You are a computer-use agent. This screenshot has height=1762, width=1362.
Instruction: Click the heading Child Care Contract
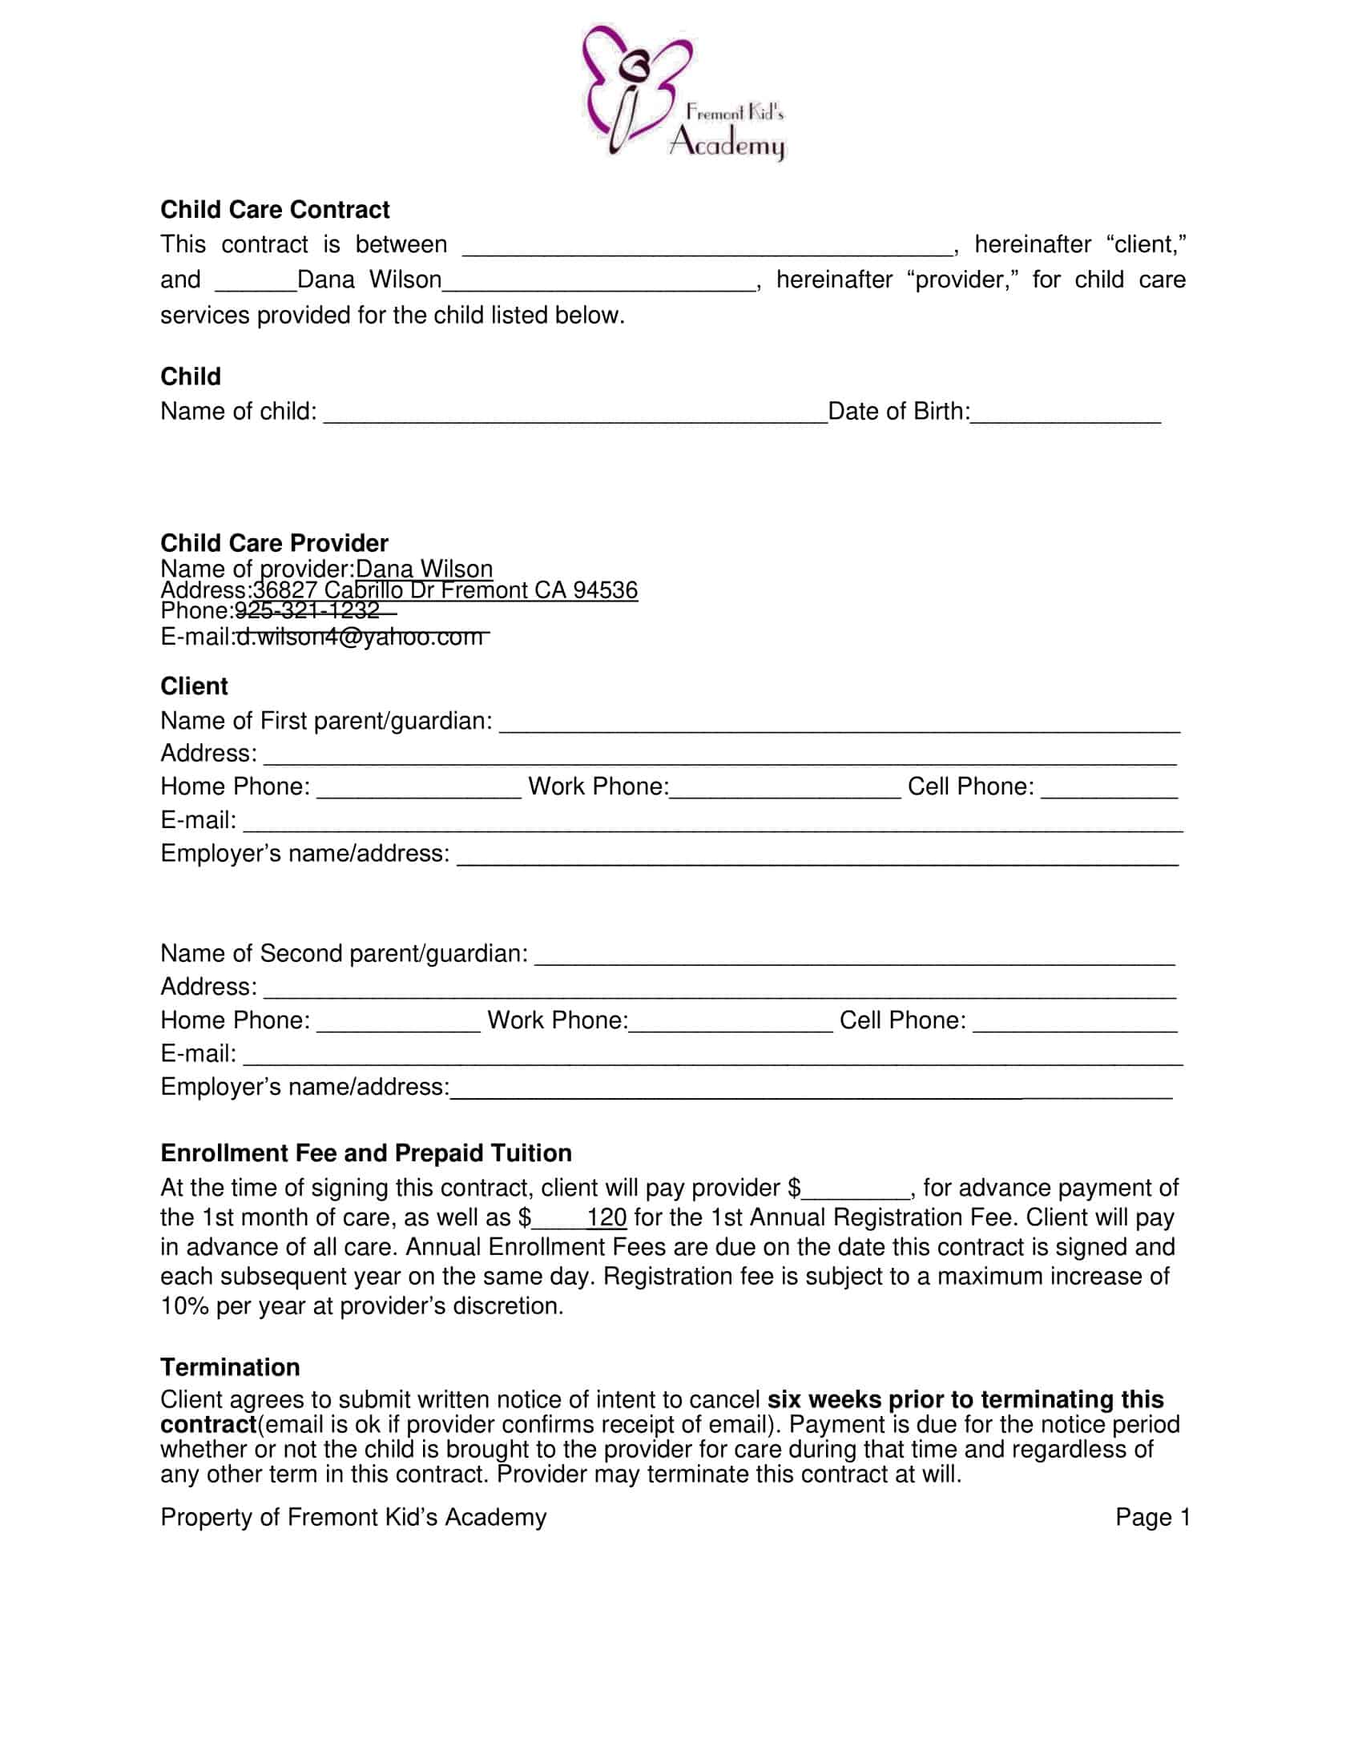tap(274, 210)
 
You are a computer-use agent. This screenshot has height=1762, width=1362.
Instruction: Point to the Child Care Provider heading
tap(274, 543)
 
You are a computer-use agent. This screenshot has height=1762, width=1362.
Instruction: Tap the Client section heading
tap(194, 686)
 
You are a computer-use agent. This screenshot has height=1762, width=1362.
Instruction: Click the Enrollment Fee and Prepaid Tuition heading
tap(365, 1153)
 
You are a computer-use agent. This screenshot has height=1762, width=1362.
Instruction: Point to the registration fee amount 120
tap(606, 1217)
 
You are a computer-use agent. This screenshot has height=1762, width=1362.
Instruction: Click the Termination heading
tap(230, 1367)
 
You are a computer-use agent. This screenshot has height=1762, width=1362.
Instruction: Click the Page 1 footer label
tap(1152, 1518)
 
